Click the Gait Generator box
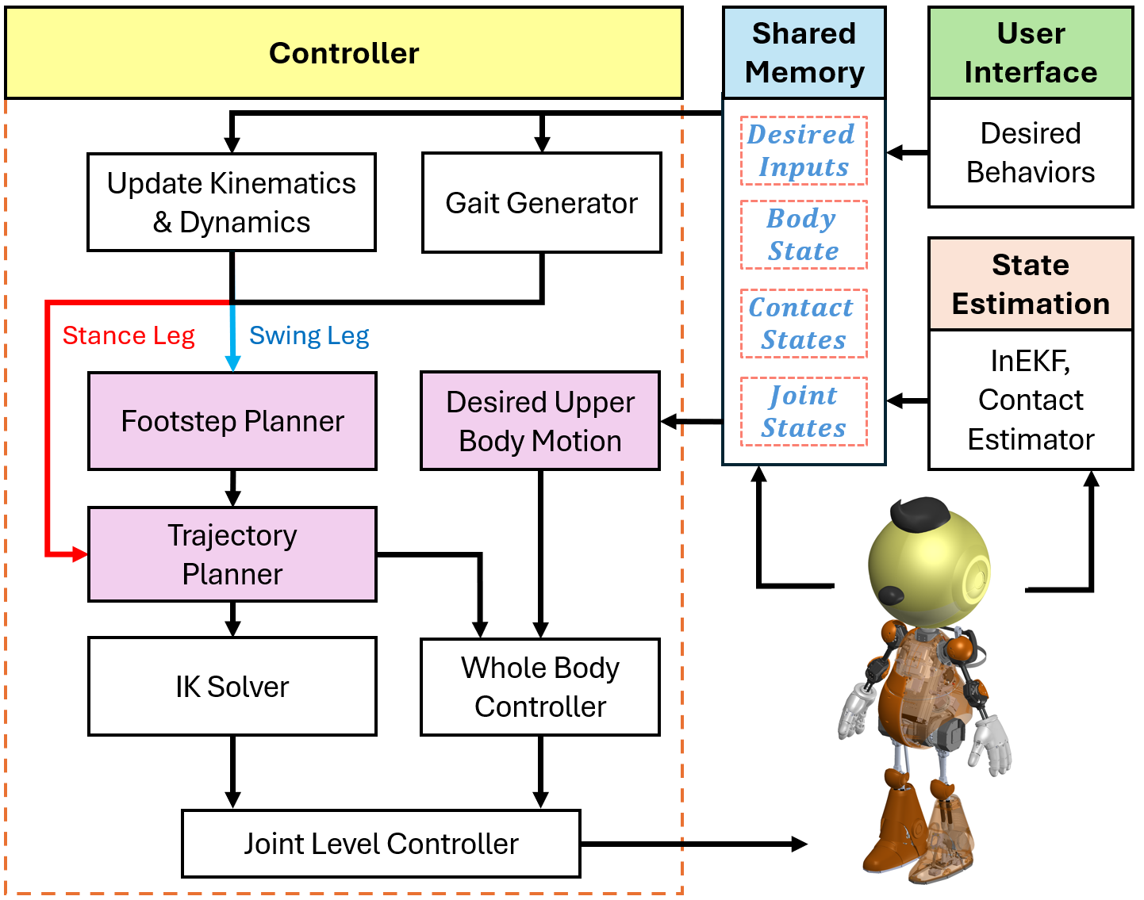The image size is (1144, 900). [x=541, y=203]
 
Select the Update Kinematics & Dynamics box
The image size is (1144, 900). [x=231, y=203]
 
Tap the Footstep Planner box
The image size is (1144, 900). [x=232, y=421]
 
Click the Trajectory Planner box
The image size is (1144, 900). [x=232, y=554]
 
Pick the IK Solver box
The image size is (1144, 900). [x=232, y=687]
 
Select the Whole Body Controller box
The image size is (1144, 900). [x=539, y=687]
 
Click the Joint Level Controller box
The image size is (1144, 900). [x=381, y=844]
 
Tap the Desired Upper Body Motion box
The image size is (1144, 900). [x=539, y=421]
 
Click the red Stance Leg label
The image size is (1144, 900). [x=129, y=335]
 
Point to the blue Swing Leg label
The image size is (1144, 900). [x=309, y=335]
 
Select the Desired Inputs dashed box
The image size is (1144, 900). [x=803, y=151]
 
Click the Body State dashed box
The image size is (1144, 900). [x=803, y=235]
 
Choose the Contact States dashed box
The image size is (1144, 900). [x=803, y=324]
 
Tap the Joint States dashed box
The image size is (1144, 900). [x=803, y=412]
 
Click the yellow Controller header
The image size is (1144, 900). [x=344, y=53]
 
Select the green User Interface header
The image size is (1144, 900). [x=1030, y=53]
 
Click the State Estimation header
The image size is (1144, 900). [x=1030, y=284]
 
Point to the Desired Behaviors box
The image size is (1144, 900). [x=1030, y=152]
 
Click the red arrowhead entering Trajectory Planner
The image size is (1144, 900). [x=80, y=554]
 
